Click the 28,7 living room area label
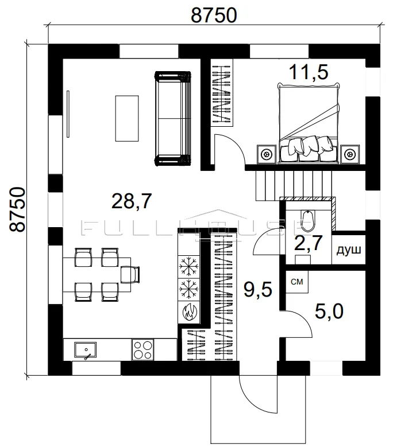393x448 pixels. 132,201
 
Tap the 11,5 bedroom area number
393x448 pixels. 309,72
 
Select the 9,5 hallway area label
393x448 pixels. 257,290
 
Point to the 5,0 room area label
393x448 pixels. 329,311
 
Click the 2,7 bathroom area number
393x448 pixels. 309,243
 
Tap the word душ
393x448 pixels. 348,250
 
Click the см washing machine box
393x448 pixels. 297,282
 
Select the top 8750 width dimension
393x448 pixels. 214,15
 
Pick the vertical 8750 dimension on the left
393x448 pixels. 17,209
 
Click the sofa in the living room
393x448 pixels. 172,118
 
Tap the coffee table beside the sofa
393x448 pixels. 127,118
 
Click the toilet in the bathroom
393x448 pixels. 308,221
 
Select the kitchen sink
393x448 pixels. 85,350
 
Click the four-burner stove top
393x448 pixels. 143,350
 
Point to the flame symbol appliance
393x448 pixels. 189,312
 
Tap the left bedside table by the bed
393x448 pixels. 267,154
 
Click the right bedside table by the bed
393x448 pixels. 350,154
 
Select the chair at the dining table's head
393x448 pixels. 130,275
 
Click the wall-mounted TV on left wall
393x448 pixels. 68,114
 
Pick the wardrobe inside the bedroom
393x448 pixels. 222,92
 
